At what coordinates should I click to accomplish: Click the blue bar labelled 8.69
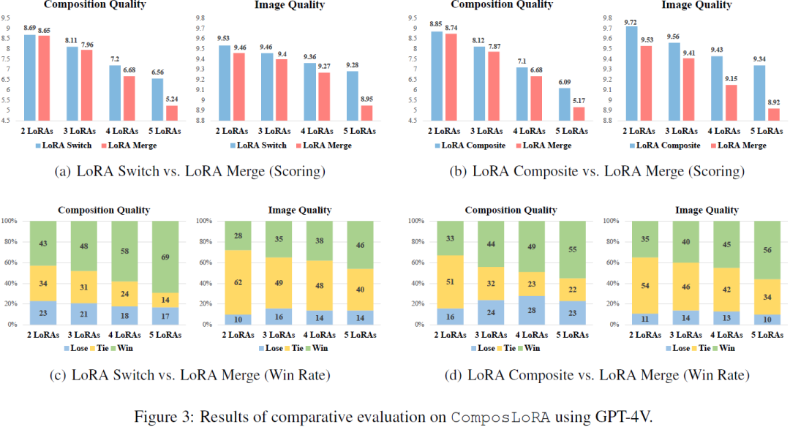coord(29,77)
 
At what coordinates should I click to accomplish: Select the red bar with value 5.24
coord(173,113)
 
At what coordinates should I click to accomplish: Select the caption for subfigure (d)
coord(596,376)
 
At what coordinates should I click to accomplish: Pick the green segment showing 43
coord(43,243)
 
